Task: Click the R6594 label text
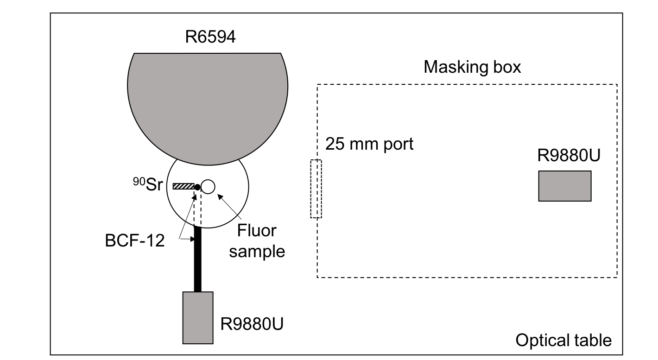tap(210, 37)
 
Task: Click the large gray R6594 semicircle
tap(208, 102)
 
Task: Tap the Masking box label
tap(472, 67)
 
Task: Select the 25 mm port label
tap(369, 144)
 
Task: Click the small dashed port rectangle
tap(316, 189)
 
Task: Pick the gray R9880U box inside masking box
tap(564, 186)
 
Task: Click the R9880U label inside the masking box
tap(569, 156)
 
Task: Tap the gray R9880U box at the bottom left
tap(198, 318)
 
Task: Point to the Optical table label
tap(563, 340)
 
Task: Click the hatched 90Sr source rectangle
tap(183, 186)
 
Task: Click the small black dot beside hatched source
tap(197, 187)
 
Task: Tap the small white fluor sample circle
tap(207, 186)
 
